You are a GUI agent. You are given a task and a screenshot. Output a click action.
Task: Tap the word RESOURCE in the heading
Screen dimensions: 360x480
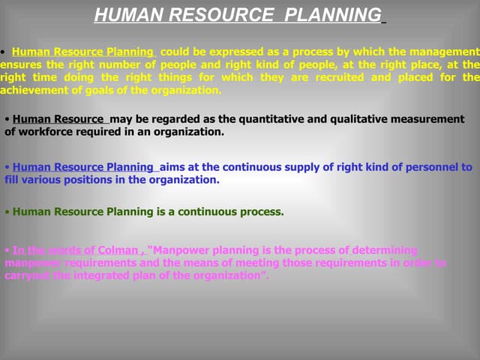227,14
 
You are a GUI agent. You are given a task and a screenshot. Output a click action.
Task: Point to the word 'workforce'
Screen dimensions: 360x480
44,132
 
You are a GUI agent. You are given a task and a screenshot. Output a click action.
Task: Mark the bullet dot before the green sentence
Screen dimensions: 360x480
6,212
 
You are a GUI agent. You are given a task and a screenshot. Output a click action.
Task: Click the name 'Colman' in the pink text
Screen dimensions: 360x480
119,250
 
